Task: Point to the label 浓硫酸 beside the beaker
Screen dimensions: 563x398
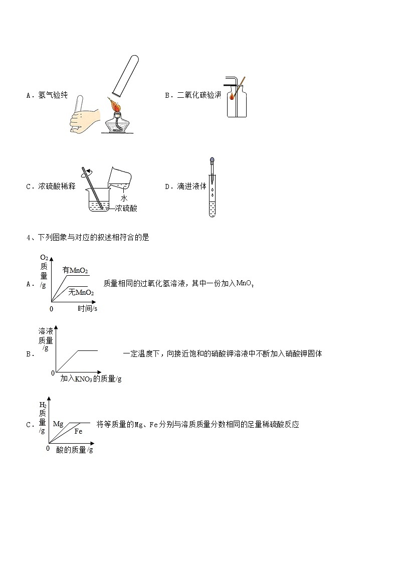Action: (x=126, y=208)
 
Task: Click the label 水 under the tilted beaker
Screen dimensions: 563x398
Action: (x=124, y=198)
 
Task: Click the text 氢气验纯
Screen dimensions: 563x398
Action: (x=53, y=95)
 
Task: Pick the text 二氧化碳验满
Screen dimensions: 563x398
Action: (x=199, y=95)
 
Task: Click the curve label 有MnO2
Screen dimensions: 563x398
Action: (x=75, y=270)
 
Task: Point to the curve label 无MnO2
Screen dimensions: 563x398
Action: (x=81, y=292)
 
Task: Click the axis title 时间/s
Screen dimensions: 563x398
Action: (x=87, y=309)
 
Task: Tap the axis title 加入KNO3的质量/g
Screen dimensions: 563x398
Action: (x=91, y=379)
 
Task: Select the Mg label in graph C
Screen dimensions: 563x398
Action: (x=58, y=424)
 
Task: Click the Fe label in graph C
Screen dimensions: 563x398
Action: (x=78, y=431)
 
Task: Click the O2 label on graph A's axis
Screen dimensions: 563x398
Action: (x=44, y=258)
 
